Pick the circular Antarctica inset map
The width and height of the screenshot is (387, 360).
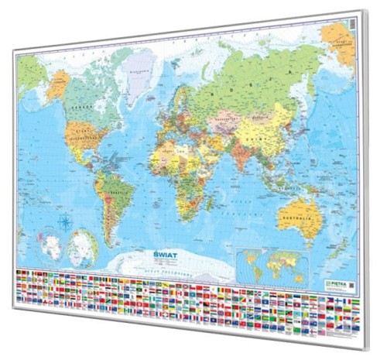click(x=50, y=247)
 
